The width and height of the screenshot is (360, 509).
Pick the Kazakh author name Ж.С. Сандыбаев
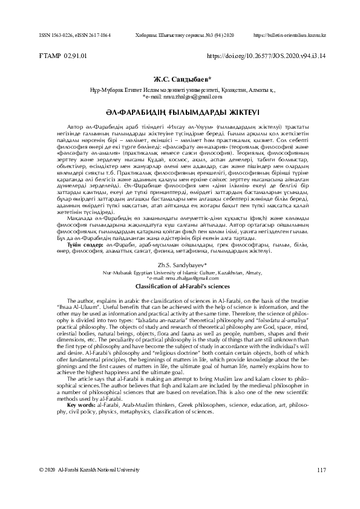tap(180, 79)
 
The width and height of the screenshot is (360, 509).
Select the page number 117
tap(321, 486)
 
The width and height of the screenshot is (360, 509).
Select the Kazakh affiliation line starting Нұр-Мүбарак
tap(180, 89)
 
